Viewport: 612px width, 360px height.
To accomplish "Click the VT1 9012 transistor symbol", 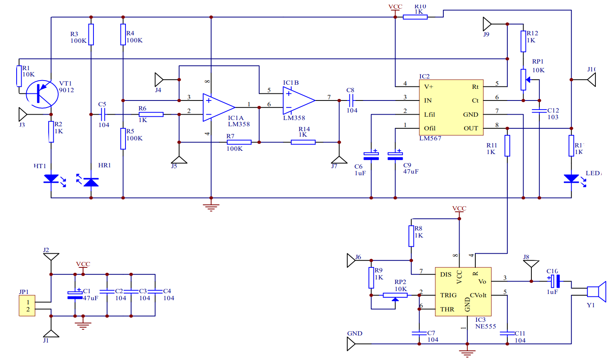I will click(42, 94).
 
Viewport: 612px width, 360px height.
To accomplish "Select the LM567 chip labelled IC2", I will click(451, 107).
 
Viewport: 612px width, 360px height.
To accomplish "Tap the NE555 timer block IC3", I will click(463, 291).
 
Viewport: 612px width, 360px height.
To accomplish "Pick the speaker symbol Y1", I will click(596, 291).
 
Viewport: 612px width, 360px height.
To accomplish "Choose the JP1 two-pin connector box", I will click(27, 306).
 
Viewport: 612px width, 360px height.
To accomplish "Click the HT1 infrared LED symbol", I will click(51, 179).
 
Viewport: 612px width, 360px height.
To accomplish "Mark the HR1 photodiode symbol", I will click(91, 182).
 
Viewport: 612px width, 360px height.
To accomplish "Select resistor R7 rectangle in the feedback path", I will click(239, 142).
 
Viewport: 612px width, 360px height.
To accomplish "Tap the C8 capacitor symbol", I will click(351, 100).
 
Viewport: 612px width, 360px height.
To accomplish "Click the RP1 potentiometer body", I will click(523, 79).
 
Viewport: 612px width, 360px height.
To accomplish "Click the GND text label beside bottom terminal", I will click(355, 333).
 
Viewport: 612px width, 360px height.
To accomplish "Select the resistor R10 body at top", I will click(415, 17).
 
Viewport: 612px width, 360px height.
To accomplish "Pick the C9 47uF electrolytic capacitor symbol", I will click(395, 156).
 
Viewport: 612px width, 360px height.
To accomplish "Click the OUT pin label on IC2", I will click(471, 128).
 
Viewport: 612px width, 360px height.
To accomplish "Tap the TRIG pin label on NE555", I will click(448, 295).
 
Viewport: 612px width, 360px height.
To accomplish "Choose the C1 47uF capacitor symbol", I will click(75, 295).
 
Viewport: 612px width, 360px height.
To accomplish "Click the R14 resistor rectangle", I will click(303, 142).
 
